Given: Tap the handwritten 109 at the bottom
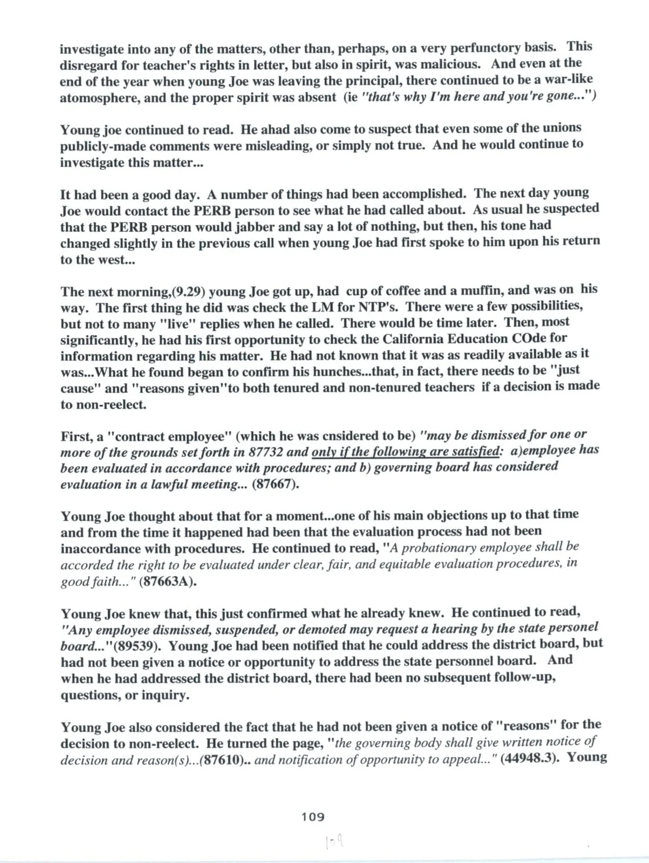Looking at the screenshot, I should [334, 842].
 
